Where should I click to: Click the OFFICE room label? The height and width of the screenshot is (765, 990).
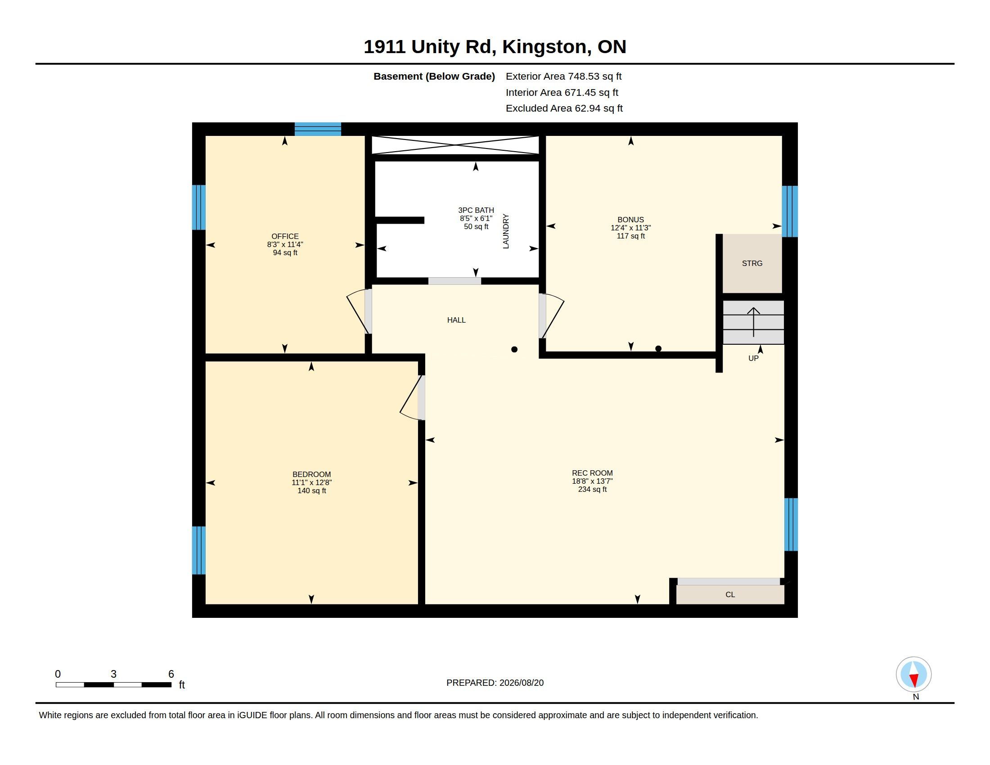(285, 236)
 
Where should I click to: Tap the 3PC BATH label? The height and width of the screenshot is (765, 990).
(476, 210)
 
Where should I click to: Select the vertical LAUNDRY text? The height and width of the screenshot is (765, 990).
(506, 231)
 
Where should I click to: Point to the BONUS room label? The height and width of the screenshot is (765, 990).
(630, 220)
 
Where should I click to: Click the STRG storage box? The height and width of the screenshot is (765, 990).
(752, 263)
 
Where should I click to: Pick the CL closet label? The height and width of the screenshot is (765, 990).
(730, 594)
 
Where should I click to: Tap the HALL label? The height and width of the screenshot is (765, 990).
(456, 320)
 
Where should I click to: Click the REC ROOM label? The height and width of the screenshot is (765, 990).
(592, 473)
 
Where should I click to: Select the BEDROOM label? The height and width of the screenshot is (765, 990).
(311, 474)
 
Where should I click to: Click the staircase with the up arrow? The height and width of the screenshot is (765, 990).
(753, 322)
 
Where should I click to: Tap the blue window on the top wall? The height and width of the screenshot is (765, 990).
(318, 129)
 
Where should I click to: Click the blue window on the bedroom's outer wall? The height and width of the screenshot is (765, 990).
(199, 550)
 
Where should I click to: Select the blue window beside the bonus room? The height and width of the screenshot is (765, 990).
(790, 211)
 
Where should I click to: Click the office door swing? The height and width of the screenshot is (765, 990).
(358, 311)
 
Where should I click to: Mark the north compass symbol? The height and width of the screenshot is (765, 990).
(913, 675)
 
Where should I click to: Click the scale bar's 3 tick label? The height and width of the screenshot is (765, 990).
(113, 675)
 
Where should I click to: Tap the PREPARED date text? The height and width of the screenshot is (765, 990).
(495, 683)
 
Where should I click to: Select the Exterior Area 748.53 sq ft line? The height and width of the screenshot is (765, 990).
(563, 76)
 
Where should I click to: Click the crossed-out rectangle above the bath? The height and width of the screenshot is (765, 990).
(455, 145)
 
